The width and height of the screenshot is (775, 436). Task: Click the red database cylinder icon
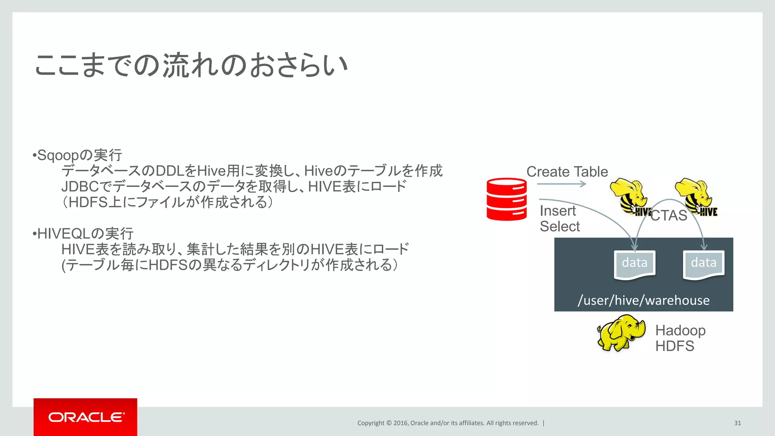pyautogui.click(x=506, y=199)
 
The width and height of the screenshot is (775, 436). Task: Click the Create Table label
pyautogui.click(x=567, y=172)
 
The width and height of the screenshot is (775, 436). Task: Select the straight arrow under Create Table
pyautogui.click(x=561, y=184)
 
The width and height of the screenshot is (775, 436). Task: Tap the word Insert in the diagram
pyautogui.click(x=557, y=211)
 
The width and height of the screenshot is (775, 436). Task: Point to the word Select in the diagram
pyautogui.click(x=560, y=226)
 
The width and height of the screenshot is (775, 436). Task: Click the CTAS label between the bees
pyautogui.click(x=669, y=215)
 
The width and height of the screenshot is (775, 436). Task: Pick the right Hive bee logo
pyautogui.click(x=696, y=197)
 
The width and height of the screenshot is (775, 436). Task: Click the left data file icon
pyautogui.click(x=635, y=265)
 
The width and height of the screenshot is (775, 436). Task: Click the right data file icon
pyautogui.click(x=703, y=265)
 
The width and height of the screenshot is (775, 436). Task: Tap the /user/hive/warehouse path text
pyautogui.click(x=643, y=300)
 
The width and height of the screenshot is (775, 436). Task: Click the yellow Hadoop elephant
pyautogui.click(x=621, y=333)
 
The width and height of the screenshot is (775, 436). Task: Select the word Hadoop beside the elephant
pyautogui.click(x=680, y=330)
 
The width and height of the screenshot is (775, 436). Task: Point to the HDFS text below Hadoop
pyautogui.click(x=675, y=346)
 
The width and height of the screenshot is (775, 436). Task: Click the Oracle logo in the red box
pyautogui.click(x=86, y=417)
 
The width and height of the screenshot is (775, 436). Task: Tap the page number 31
pyautogui.click(x=737, y=423)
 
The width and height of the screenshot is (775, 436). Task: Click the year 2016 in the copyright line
pyautogui.click(x=400, y=423)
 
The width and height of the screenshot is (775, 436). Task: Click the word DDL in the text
pyautogui.click(x=170, y=171)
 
